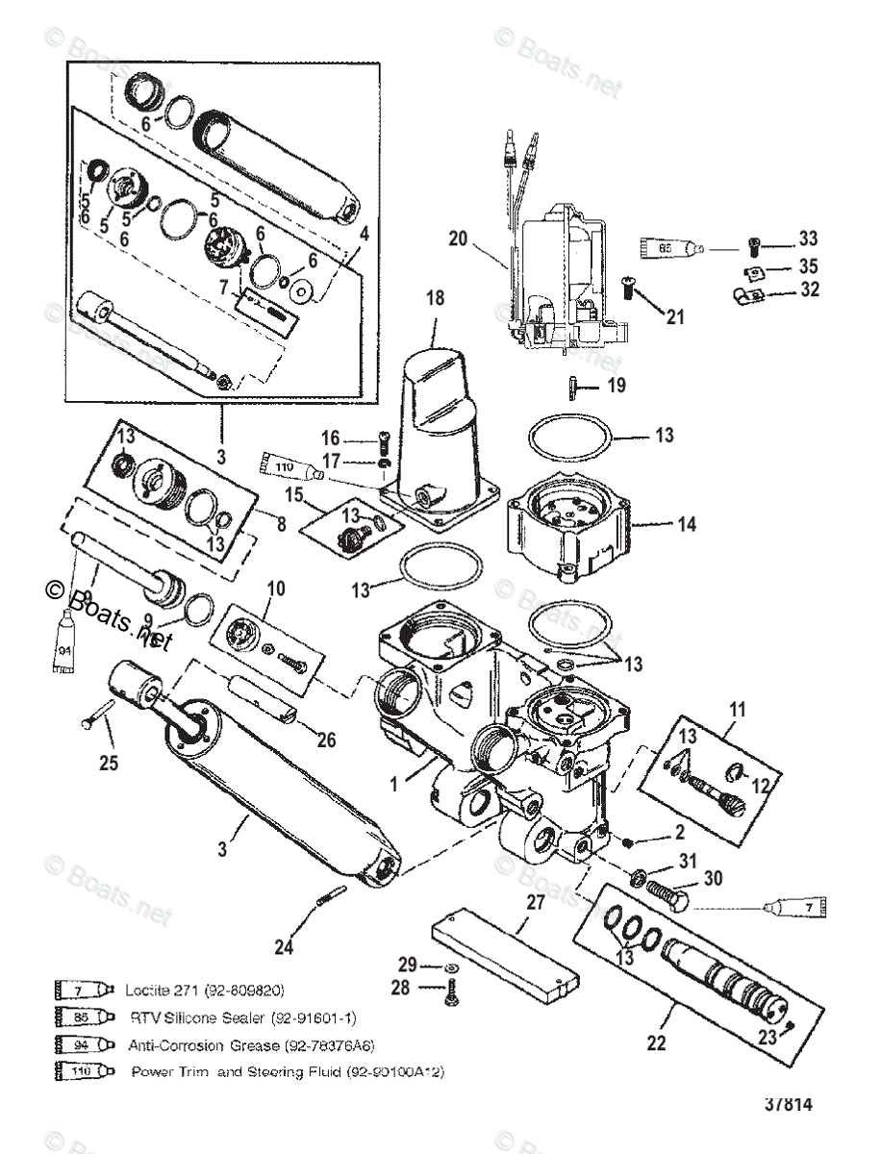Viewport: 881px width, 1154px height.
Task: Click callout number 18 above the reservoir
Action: [x=436, y=299]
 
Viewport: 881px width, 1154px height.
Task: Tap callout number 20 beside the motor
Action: [x=457, y=238]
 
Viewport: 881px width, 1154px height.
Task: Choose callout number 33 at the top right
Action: [x=808, y=239]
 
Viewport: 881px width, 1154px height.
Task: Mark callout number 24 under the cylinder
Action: [x=282, y=947]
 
